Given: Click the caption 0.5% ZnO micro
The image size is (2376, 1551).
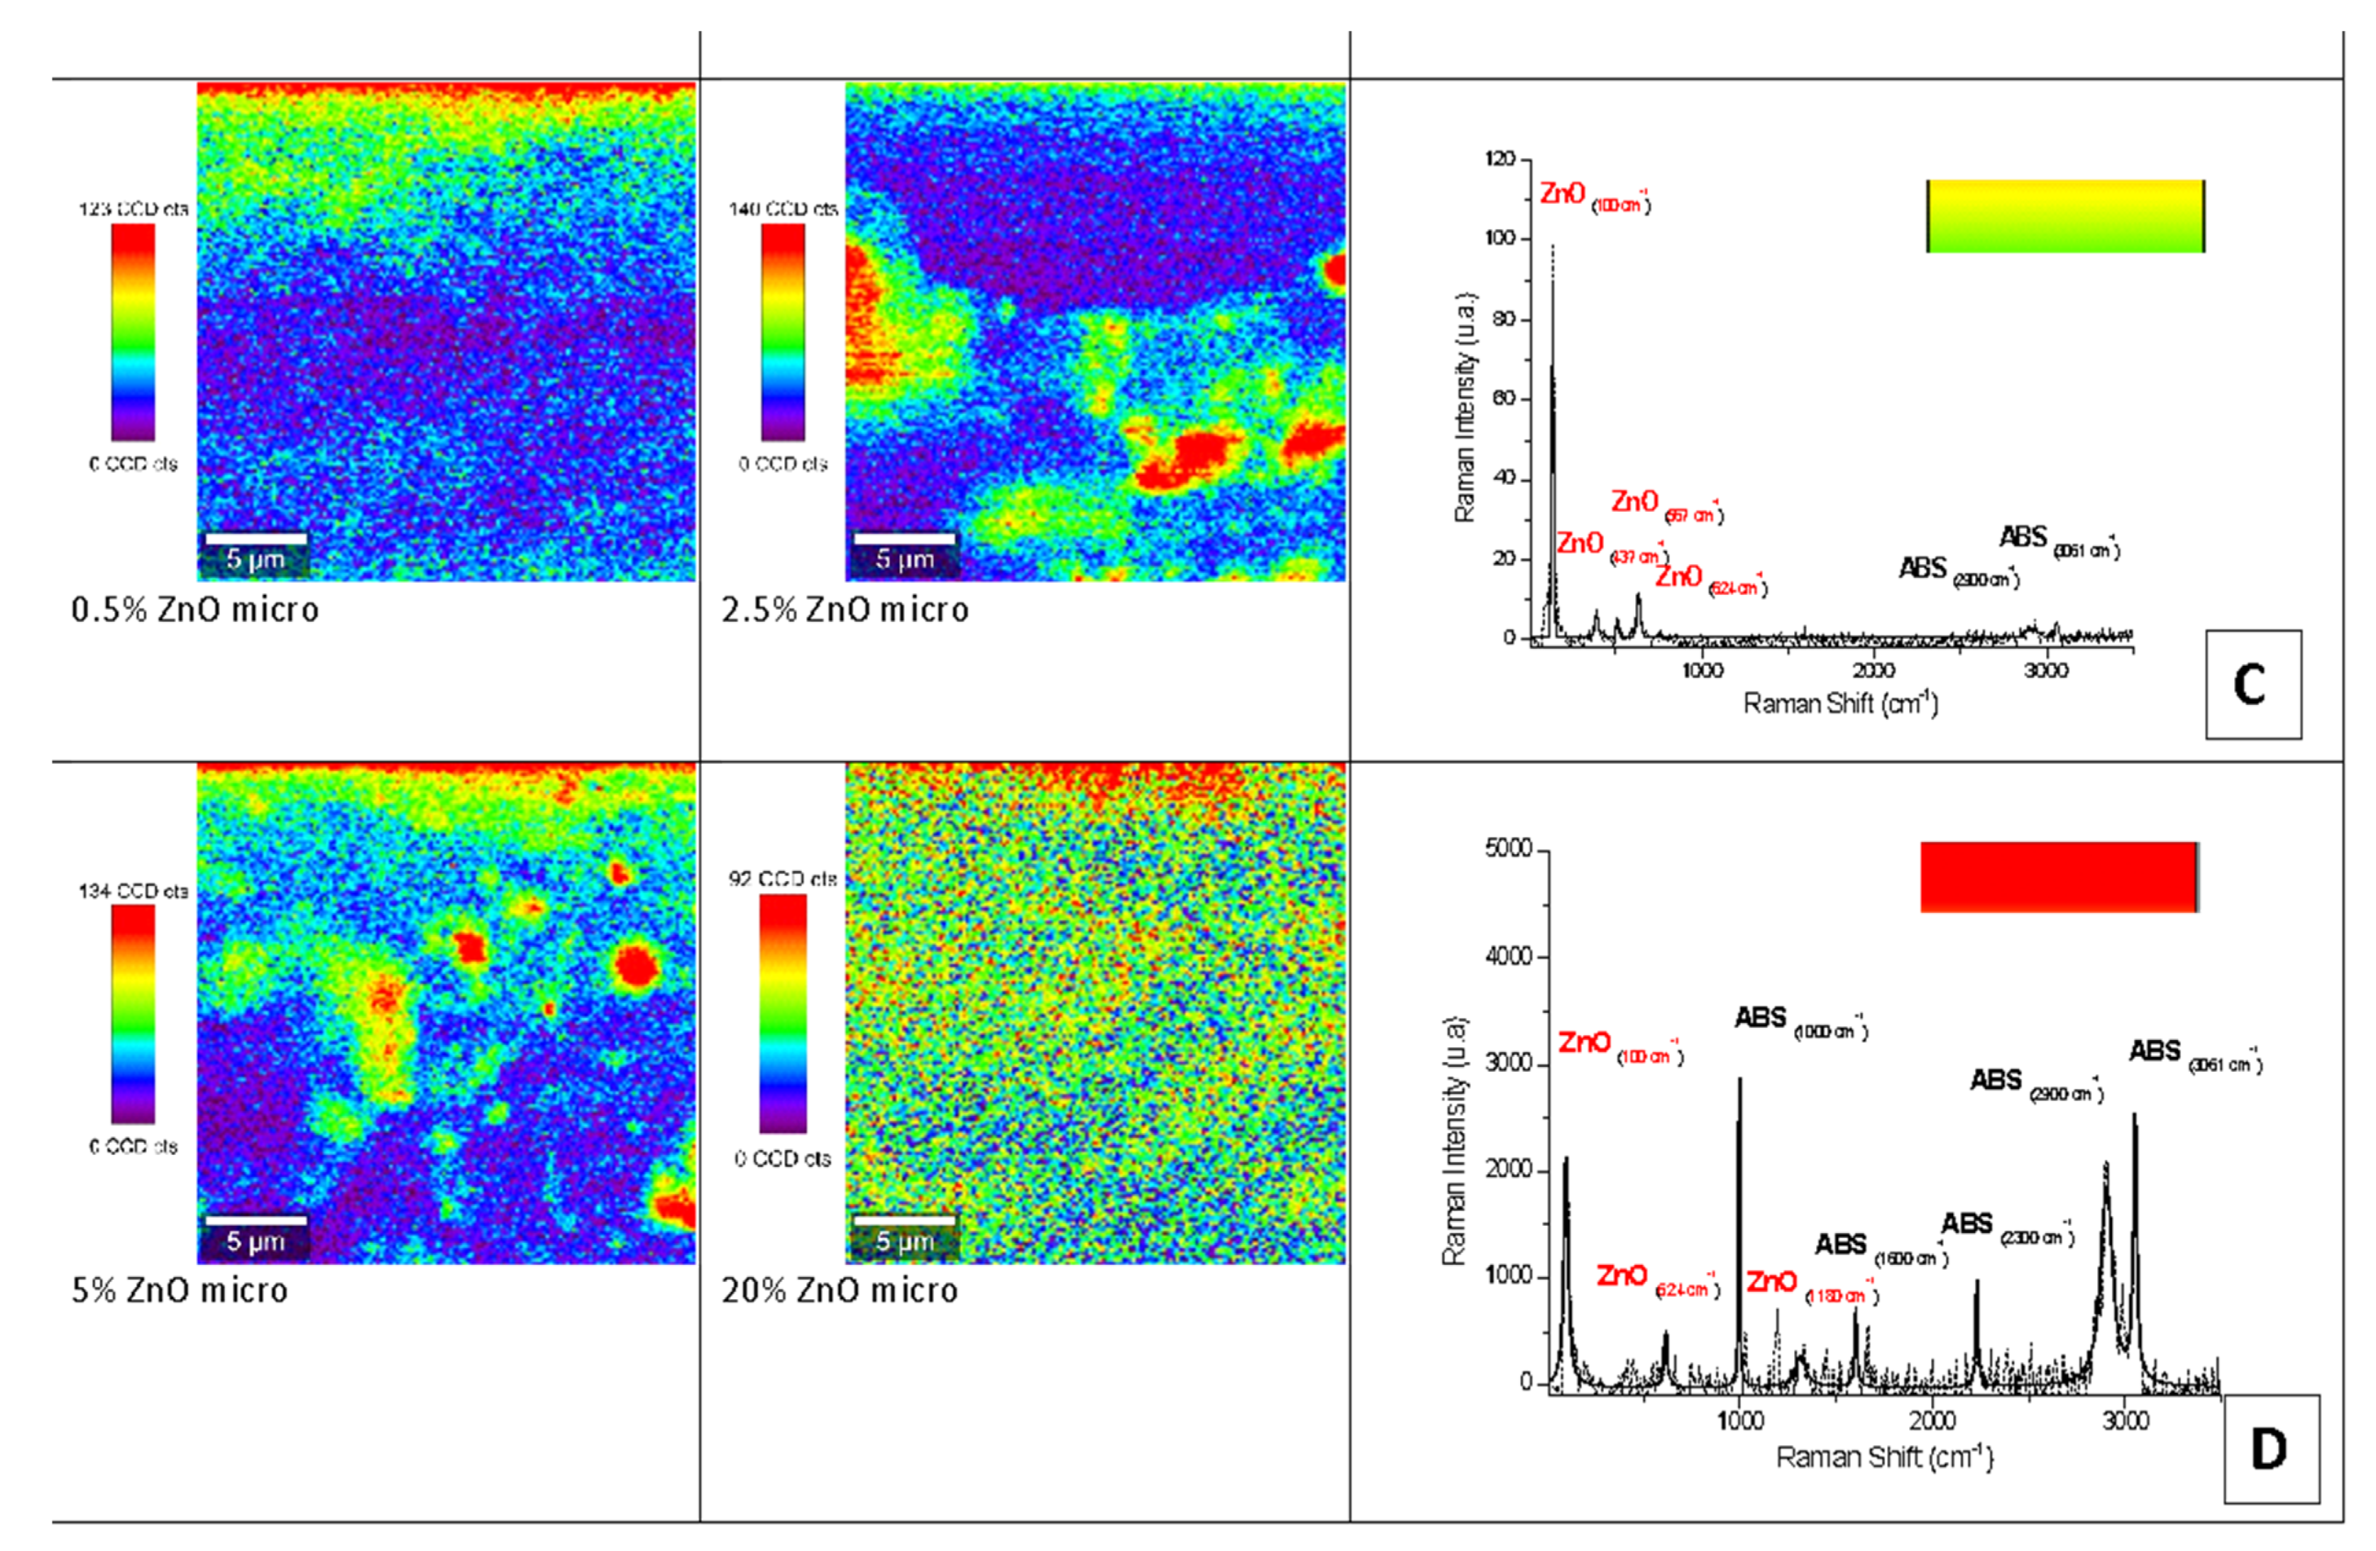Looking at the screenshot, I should pyautogui.click(x=195, y=610).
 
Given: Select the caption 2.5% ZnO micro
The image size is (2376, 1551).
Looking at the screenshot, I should pyautogui.click(x=844, y=610).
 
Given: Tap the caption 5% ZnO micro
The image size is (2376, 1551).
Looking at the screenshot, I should pyautogui.click(x=179, y=1290).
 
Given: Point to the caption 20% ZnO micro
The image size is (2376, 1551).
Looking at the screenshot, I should pyautogui.click(x=840, y=1290).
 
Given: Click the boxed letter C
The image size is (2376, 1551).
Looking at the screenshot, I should pyautogui.click(x=2252, y=685).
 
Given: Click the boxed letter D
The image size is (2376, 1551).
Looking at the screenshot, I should pyautogui.click(x=2270, y=1448).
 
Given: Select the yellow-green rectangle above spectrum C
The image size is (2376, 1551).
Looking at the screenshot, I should pyautogui.click(x=2065, y=216).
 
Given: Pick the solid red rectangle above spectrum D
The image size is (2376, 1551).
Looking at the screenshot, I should pyautogui.click(x=2059, y=876).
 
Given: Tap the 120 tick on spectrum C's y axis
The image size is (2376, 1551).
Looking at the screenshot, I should pyautogui.click(x=1500, y=160).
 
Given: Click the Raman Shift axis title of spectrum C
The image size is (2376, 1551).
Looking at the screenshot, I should pyautogui.click(x=1840, y=703).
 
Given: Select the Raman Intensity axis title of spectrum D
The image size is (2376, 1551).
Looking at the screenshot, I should pyautogui.click(x=1455, y=1142).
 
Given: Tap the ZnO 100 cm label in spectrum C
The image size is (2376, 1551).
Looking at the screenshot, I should pyautogui.click(x=1594, y=196).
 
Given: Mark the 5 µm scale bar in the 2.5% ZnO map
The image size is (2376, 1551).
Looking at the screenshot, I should pyautogui.click(x=905, y=539).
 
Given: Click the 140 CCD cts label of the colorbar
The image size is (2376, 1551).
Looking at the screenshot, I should pyautogui.click(x=782, y=209).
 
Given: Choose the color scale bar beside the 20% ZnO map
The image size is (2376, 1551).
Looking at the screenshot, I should pyautogui.click(x=782, y=1013).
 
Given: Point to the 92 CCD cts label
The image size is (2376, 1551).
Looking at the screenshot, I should pyautogui.click(x=782, y=879).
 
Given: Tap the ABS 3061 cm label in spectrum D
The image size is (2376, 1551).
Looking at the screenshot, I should pyautogui.click(x=2194, y=1055).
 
